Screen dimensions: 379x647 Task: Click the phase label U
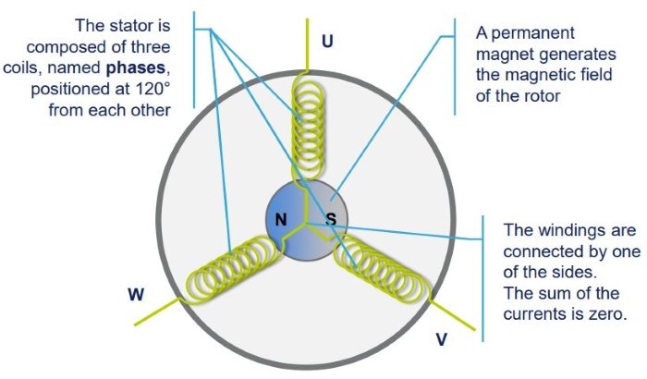tap(328, 41)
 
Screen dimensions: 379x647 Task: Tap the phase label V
tap(442, 339)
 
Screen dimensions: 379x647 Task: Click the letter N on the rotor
tap(281, 220)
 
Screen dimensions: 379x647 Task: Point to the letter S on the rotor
tap(330, 220)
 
